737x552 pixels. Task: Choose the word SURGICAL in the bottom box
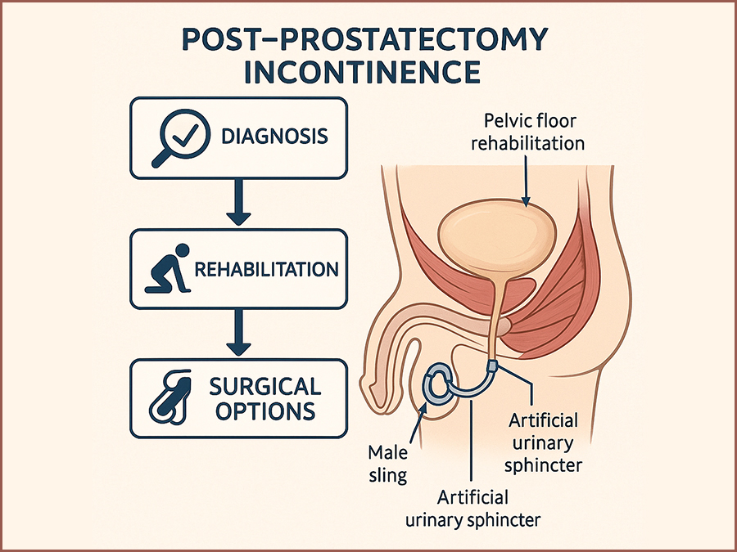pyautogui.click(x=266, y=385)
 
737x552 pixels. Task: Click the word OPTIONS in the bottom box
pyautogui.click(x=266, y=411)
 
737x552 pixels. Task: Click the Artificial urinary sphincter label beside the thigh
pyautogui.click(x=544, y=442)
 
